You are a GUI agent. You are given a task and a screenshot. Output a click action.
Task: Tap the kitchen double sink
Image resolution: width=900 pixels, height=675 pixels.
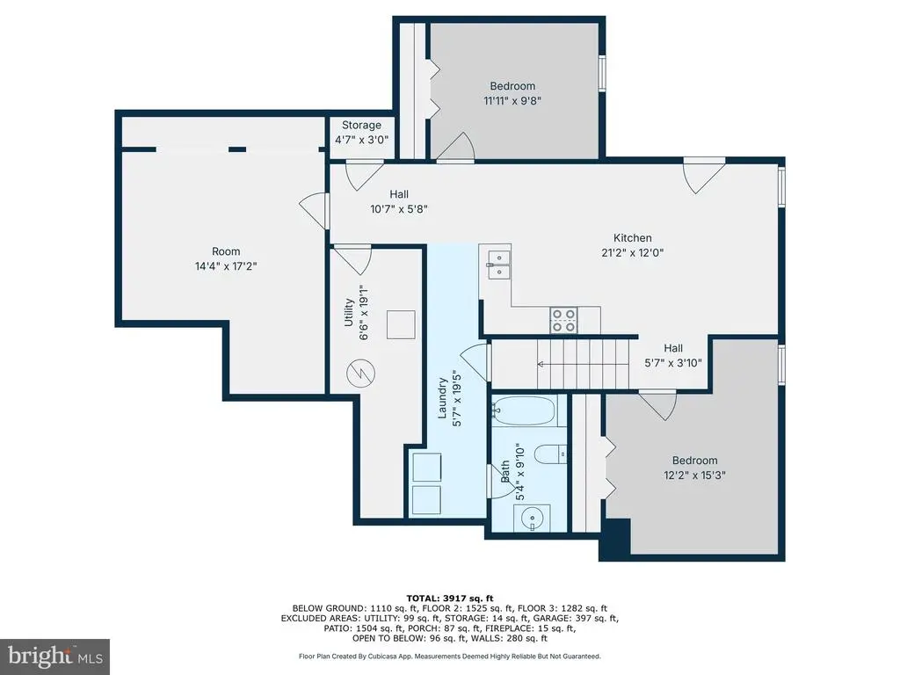pyautogui.click(x=500, y=265)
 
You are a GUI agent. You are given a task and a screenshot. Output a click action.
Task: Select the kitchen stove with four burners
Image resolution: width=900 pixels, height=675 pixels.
pyautogui.click(x=563, y=320)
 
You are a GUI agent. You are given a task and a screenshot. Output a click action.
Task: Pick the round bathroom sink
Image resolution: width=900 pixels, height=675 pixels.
pyautogui.click(x=532, y=519)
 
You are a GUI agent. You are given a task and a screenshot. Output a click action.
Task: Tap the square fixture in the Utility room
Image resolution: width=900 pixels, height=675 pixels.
pyautogui.click(x=401, y=325)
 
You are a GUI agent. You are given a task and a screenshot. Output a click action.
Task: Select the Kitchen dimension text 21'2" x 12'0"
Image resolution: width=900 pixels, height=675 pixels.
pyautogui.click(x=633, y=252)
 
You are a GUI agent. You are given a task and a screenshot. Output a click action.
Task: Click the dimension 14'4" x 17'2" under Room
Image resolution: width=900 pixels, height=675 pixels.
pyautogui.click(x=226, y=266)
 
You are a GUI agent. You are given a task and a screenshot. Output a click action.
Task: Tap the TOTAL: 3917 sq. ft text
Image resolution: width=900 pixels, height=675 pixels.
pyautogui.click(x=450, y=598)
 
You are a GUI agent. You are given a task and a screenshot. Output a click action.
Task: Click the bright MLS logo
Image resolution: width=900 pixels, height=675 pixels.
pyautogui.click(x=55, y=656)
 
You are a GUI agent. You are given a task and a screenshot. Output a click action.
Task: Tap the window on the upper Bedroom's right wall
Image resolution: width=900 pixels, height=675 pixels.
pyautogui.click(x=602, y=73)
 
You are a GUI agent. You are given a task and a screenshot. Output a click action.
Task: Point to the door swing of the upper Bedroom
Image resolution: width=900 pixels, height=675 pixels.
pyautogui.click(x=456, y=147)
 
